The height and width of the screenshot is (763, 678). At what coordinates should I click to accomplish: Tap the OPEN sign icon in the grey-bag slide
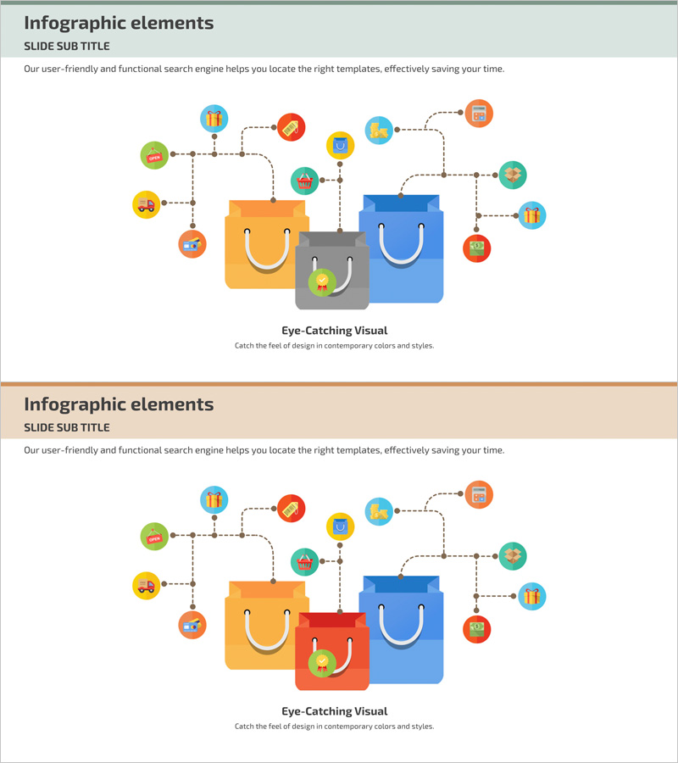pos(153,156)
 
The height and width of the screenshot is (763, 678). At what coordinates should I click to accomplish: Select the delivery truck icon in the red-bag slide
pos(146,586)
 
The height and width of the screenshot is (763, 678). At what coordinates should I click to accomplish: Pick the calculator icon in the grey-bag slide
pos(479,114)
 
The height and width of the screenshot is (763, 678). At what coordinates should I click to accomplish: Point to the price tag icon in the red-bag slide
pos(291,508)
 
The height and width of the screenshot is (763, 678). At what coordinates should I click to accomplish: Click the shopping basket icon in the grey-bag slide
pos(305,181)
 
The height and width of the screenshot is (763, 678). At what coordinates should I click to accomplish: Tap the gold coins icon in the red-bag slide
pos(379,511)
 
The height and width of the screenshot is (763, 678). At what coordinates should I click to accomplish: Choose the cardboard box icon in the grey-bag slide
pos(512,175)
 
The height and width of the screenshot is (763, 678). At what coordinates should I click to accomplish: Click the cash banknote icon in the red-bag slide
pos(477,629)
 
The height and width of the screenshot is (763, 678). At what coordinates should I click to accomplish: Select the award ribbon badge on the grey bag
pos(322,282)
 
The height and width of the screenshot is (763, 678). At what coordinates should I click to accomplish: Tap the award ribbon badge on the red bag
pos(322,664)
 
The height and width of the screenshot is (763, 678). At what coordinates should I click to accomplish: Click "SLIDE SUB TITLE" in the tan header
pos(67,427)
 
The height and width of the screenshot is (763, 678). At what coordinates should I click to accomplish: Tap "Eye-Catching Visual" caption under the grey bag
pos(334,331)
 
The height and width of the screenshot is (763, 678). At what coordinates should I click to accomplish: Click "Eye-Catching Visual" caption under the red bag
pos(334,712)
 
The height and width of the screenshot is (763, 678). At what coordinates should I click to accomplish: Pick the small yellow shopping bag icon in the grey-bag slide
pos(340,145)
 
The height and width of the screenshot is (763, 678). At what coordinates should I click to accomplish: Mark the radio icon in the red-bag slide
pos(192,626)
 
